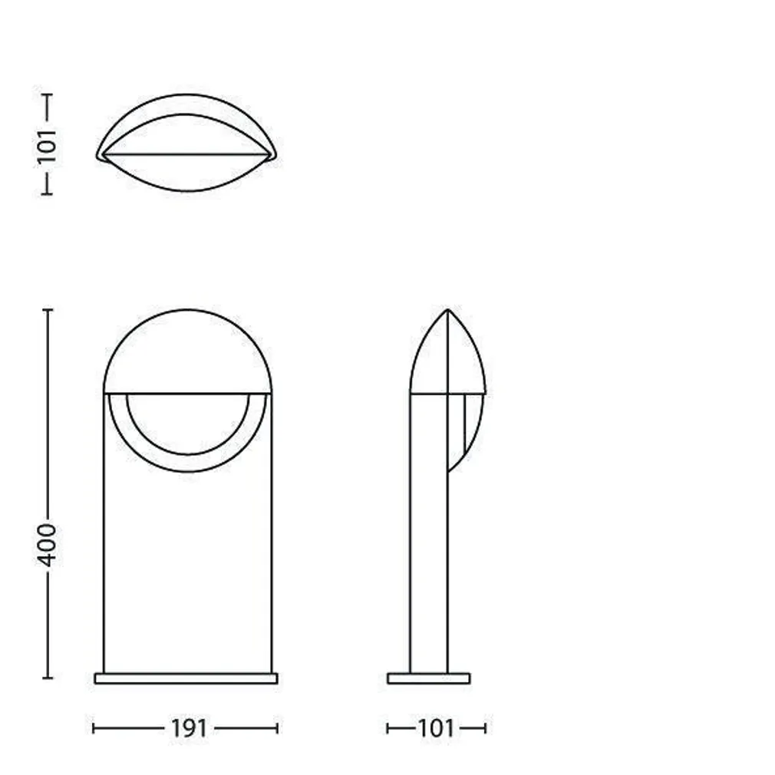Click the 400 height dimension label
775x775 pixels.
pos(48,545)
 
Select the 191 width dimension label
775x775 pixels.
pos(188,727)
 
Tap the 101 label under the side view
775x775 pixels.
pos(436,727)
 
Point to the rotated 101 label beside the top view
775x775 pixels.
pos(48,146)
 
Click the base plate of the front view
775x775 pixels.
pos(186,678)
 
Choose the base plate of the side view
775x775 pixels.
pos(428,678)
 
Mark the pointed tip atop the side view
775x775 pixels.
pos(448,311)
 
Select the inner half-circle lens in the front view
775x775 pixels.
pos(187,422)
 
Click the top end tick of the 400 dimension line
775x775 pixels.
pos(48,310)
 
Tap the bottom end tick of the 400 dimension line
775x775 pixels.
pos(48,678)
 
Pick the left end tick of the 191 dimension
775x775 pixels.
pos(94,727)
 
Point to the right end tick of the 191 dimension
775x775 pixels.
pos(277,727)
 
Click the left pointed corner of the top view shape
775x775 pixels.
pos(98,156)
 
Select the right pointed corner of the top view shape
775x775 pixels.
pos(274,156)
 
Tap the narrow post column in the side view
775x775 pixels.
pos(428,537)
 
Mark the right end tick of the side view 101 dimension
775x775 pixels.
pos(485,727)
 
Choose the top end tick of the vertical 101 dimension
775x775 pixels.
pos(48,95)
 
